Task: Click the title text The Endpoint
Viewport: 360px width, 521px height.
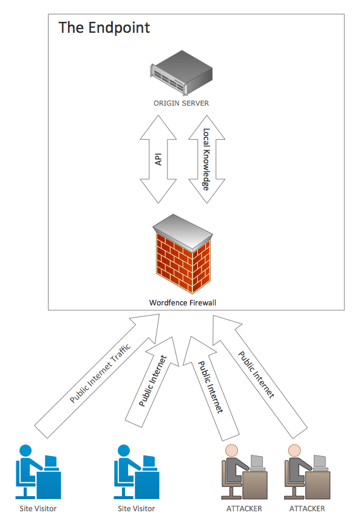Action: [x=104, y=28]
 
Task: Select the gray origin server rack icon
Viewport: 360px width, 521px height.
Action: [x=181, y=72]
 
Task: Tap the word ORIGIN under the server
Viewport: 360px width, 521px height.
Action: [x=166, y=103]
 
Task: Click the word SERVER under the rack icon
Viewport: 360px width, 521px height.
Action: [x=195, y=103]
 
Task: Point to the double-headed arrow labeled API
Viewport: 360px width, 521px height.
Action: [x=158, y=159]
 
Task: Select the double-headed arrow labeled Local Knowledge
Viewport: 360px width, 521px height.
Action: [x=206, y=159]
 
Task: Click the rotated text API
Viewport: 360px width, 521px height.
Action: [x=158, y=159]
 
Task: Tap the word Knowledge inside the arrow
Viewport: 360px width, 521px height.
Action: [x=206, y=169]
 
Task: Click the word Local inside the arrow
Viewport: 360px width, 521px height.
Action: [x=206, y=137]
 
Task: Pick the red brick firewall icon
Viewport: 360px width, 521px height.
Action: [x=183, y=254]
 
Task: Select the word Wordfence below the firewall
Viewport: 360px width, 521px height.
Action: [x=168, y=302]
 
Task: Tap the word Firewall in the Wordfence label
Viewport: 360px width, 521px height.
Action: [x=203, y=302]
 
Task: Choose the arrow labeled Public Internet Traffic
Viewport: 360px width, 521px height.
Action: [x=97, y=376]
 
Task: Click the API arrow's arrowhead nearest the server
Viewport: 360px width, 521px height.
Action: [x=158, y=128]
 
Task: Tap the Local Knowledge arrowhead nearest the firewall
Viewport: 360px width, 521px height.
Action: [x=206, y=191]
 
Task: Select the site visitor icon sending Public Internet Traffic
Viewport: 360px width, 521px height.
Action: [x=38, y=472]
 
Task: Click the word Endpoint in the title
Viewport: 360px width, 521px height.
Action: [x=119, y=28]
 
